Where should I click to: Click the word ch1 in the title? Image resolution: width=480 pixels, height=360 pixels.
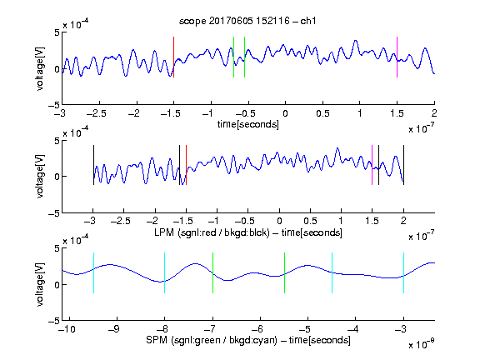point(308,21)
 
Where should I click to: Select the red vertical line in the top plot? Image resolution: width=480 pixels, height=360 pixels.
point(173,57)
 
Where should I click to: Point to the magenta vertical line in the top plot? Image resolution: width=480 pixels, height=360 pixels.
point(397,57)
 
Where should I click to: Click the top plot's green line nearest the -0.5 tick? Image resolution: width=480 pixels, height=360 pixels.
point(245,57)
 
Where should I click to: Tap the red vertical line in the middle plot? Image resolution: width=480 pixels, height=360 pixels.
point(186,165)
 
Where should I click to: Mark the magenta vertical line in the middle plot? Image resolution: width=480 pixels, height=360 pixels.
point(372,165)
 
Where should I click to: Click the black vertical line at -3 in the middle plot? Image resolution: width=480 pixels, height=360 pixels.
point(93,165)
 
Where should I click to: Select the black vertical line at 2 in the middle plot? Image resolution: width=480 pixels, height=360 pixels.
point(404,165)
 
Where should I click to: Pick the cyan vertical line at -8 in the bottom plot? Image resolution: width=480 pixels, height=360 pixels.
point(165,273)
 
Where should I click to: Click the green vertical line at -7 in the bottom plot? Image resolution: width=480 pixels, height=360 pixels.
point(212,273)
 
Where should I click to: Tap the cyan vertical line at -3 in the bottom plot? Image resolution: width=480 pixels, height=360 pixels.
point(404,273)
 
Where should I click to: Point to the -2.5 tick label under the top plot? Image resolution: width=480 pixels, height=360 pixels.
point(96,113)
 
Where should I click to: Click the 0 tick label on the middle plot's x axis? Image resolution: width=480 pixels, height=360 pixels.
point(279,221)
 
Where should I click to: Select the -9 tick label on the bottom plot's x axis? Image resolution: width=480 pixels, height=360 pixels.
point(114,329)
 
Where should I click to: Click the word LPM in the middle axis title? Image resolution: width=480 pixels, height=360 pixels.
point(164,232)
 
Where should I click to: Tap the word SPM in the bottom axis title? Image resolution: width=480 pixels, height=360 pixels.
point(157,340)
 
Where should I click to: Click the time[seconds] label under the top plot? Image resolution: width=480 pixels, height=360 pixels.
point(248,124)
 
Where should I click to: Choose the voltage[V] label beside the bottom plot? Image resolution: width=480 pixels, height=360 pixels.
point(40,284)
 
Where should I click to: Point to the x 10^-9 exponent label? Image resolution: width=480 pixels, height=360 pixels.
point(422,344)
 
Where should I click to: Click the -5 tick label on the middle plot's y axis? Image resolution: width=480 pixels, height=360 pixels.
point(54,213)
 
